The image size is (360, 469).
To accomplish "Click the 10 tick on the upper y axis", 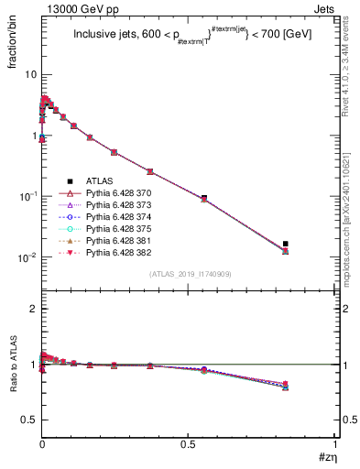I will [30, 74].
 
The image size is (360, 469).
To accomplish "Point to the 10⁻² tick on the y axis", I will [27, 257].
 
